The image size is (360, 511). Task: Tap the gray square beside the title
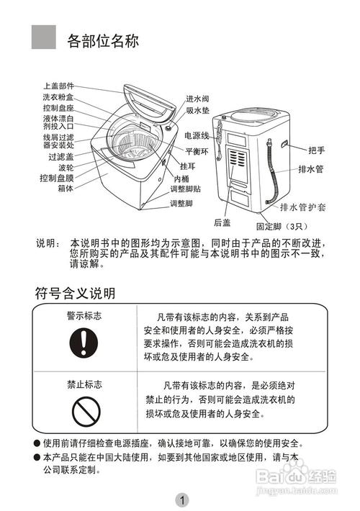pyautogui.click(x=44, y=35)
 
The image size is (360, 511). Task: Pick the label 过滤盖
pyautogui.click(x=61, y=156)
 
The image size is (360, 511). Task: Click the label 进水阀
pyautogui.click(x=197, y=99)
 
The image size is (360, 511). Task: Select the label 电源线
pyautogui.click(x=197, y=135)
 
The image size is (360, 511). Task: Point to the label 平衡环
pyautogui.click(x=197, y=152)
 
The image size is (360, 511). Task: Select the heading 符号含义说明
pyautogui.click(x=75, y=294)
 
